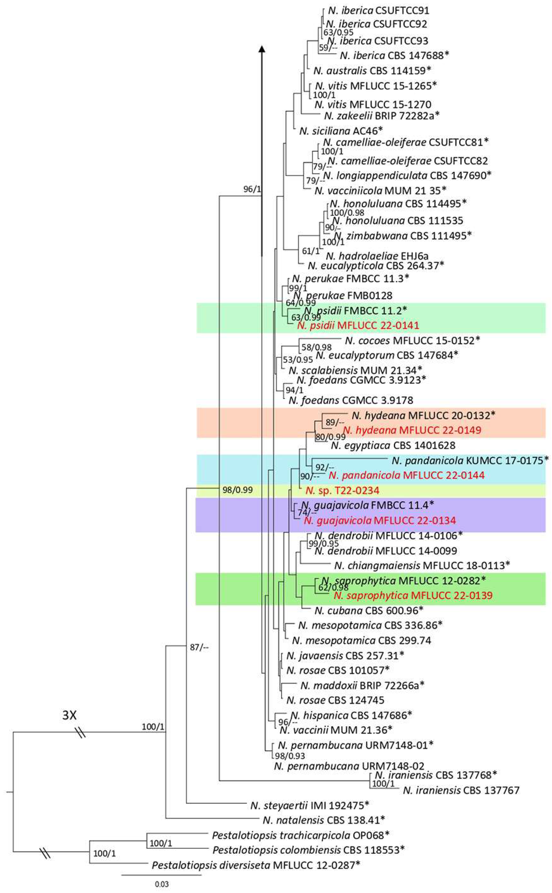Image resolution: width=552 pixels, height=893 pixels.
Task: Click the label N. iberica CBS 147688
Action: tap(394, 55)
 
